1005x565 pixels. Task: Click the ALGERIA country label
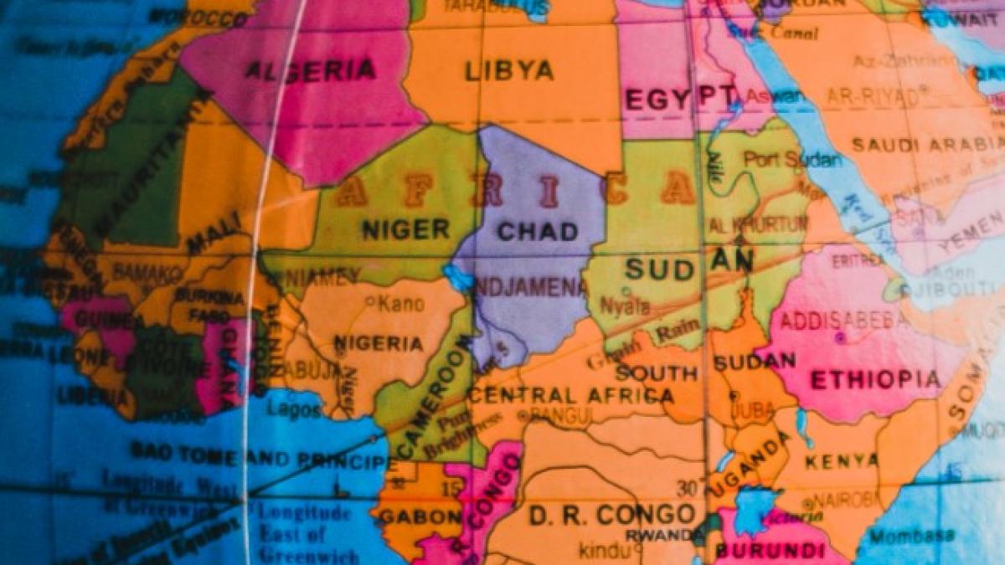310,69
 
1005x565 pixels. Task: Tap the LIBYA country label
509,70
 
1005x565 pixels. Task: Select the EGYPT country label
681,98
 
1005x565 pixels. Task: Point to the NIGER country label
405,229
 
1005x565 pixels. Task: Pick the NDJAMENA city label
531,288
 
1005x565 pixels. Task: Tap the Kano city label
401,304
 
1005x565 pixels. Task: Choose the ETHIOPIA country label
875,380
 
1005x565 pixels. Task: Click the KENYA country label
842,460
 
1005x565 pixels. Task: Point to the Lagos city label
295,410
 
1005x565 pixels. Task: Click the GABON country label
420,516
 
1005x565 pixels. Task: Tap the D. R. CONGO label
612,515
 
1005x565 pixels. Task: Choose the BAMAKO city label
147,272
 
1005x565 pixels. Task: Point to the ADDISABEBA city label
843,320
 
